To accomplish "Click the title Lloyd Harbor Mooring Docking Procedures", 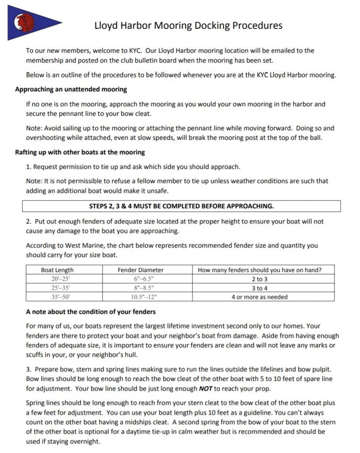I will pos(188,25).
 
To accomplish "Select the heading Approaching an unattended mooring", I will pos(71,89).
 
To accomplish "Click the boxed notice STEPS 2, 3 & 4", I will pos(181,206).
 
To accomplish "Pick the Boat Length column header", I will pos(57,270).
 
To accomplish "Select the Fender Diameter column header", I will pos(141,270).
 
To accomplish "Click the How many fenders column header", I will pos(260,270).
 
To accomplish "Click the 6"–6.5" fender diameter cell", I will pos(141,279).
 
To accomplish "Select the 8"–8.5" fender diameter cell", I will pos(141,288).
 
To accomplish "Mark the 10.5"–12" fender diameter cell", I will pos(141,297).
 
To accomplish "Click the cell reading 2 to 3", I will pos(260,279).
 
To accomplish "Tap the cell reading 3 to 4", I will pos(260,288).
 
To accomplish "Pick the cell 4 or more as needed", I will pos(260,297).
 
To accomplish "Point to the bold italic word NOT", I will pos(207,389).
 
